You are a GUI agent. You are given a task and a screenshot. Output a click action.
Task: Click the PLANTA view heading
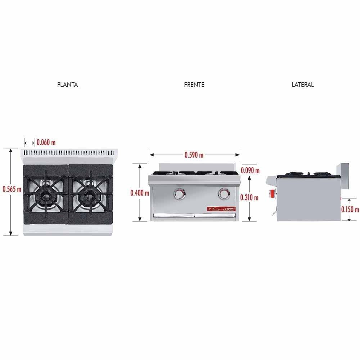click(67, 85)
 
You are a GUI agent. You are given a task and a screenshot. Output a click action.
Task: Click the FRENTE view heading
click(194, 85)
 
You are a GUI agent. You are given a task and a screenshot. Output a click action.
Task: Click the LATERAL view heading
click(302, 85)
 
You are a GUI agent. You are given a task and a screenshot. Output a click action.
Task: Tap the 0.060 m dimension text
click(46, 142)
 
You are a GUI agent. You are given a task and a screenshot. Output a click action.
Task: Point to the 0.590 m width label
click(194, 155)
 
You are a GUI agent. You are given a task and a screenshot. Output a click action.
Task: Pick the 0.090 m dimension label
click(250, 170)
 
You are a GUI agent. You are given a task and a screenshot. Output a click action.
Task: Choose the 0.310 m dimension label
click(250, 197)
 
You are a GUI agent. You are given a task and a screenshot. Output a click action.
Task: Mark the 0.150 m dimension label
click(350, 210)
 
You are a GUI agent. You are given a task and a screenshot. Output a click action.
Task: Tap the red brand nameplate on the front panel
click(221, 209)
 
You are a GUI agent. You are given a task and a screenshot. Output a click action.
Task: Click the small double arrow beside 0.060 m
click(30, 142)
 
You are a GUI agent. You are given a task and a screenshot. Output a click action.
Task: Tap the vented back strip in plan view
click(71, 153)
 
